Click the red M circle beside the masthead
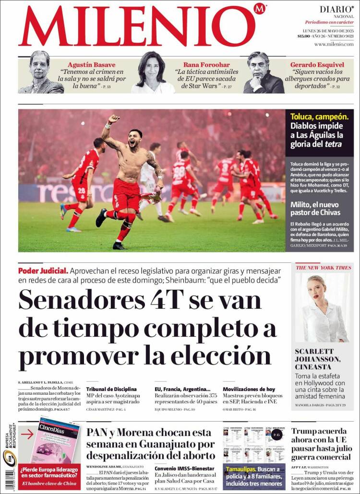click(260, 9)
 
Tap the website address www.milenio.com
click(334, 44)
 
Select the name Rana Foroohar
click(206, 65)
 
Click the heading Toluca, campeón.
click(319, 117)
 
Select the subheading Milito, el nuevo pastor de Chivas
click(315, 208)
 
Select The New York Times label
click(323, 268)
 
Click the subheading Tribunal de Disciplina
click(111, 389)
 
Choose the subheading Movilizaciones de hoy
click(249, 389)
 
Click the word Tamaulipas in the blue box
click(241, 469)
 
